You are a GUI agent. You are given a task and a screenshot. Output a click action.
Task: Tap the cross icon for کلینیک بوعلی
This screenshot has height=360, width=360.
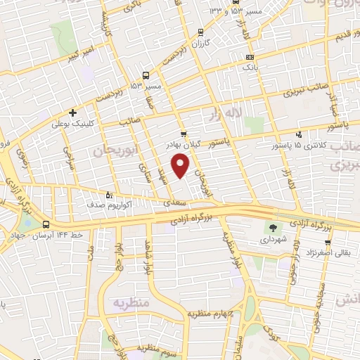point(72,112)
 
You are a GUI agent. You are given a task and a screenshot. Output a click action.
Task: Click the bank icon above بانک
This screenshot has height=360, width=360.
point(250,58)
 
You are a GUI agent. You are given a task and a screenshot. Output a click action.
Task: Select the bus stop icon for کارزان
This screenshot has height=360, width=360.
point(202,32)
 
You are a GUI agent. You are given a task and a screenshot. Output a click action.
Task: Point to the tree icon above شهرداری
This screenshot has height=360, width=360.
point(271,227)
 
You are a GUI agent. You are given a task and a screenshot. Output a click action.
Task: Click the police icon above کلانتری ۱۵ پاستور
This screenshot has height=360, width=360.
point(300,134)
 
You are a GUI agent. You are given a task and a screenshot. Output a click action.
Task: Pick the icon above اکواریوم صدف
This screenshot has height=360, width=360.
point(108,195)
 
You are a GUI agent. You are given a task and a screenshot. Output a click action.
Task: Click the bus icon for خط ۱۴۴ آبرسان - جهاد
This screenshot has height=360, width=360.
point(46,225)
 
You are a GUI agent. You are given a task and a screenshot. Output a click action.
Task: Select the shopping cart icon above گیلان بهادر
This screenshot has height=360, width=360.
point(184,134)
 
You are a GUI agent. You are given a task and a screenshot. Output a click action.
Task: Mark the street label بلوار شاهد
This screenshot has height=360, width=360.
point(148,258)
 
